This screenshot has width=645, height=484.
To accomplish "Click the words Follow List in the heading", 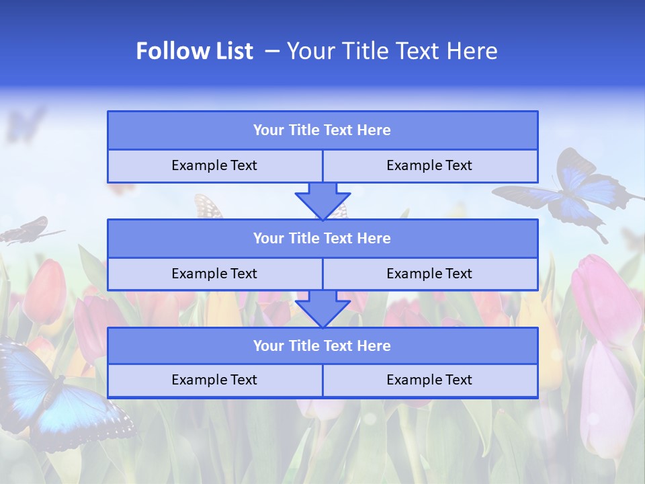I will pyautogui.click(x=194, y=51).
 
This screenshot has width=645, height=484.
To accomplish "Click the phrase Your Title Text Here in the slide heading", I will pyautogui.click(x=392, y=51).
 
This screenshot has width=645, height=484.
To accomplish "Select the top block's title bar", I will pyautogui.click(x=322, y=130).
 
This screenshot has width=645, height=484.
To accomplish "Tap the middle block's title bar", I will pyautogui.click(x=322, y=239).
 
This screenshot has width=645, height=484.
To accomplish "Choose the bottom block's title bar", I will pyautogui.click(x=322, y=346).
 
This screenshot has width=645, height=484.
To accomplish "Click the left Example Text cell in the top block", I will pyautogui.click(x=214, y=166).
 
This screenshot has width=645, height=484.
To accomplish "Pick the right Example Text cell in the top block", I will pyautogui.click(x=429, y=166).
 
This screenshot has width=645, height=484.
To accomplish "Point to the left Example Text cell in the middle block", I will pyautogui.click(x=214, y=274).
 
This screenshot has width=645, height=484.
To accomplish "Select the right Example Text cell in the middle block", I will pyautogui.click(x=429, y=274).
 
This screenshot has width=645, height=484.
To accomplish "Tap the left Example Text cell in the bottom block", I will pyautogui.click(x=214, y=380).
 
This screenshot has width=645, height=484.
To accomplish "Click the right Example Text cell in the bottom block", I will pyautogui.click(x=429, y=380).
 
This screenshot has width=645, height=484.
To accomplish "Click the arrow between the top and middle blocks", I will pyautogui.click(x=322, y=201).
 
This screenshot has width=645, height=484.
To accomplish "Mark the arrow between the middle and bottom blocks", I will pyautogui.click(x=322, y=309).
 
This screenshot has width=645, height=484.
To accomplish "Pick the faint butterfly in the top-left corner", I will pyautogui.click(x=26, y=124).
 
